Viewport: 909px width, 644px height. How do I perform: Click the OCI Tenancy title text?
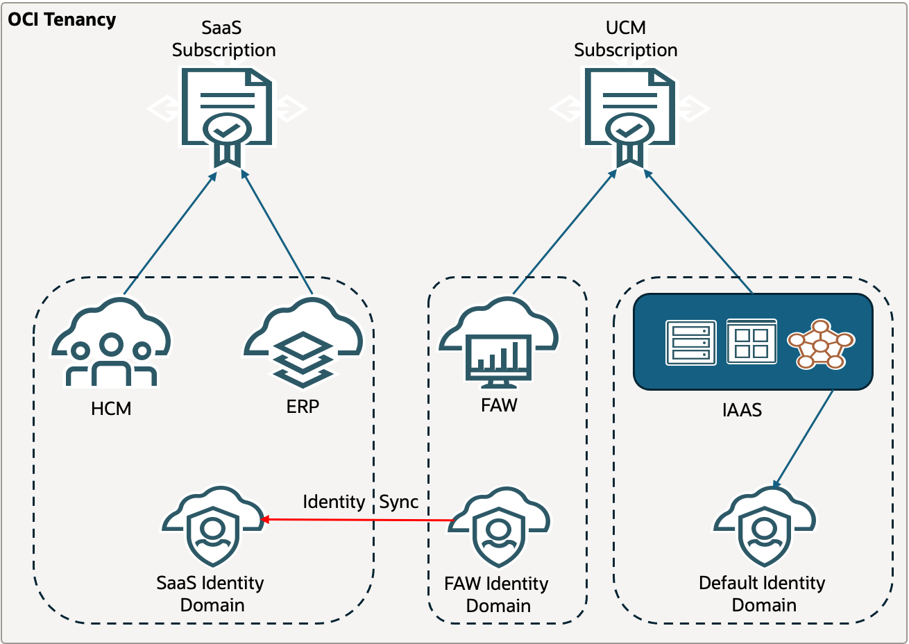coord(62,19)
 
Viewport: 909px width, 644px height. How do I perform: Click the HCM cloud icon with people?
coord(111,343)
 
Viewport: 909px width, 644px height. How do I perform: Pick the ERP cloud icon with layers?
coord(303,343)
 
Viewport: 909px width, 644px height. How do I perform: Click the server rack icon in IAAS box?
coord(690,342)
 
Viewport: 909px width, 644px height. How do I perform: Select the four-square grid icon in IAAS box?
coord(751,341)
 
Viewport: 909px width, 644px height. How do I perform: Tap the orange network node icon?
coord(821,344)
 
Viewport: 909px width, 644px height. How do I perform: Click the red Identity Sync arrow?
coord(357,520)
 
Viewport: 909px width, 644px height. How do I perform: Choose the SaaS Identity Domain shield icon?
coord(213,527)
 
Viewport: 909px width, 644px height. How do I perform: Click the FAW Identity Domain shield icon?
coord(499,527)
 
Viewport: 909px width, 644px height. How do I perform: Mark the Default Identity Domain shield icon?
coord(765,527)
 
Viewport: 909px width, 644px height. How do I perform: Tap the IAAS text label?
coord(742,410)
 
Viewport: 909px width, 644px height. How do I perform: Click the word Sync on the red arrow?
coord(399,502)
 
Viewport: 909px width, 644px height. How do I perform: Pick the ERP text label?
coord(303,407)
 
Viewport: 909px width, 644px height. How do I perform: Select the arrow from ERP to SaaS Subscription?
coord(278,232)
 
